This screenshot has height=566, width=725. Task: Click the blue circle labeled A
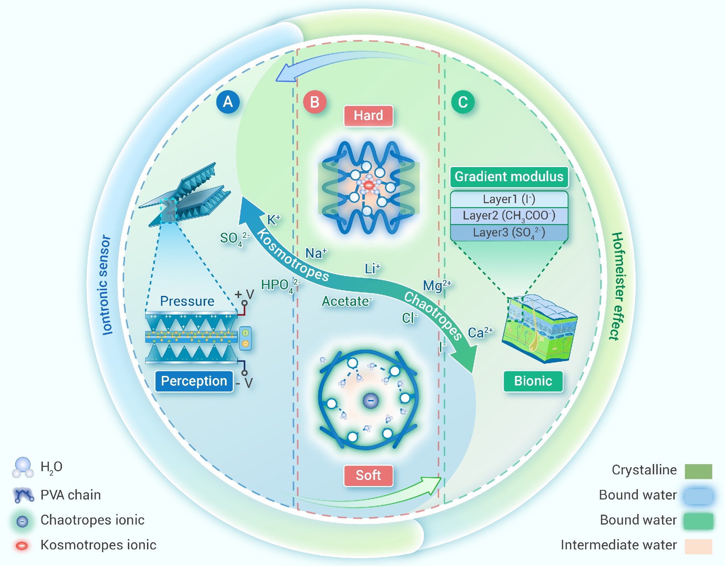(228, 102)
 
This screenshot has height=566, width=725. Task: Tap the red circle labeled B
(315, 102)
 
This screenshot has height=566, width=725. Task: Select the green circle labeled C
(463, 102)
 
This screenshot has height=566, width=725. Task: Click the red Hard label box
(368, 116)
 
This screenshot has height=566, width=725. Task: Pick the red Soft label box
(368, 475)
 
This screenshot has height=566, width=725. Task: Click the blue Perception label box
(194, 381)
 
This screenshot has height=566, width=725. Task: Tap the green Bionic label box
(533, 381)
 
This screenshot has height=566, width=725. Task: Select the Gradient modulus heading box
(509, 177)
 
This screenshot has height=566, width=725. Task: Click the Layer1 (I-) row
(509, 199)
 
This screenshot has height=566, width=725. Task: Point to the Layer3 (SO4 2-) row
(509, 233)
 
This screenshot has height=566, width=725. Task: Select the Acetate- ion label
(346, 301)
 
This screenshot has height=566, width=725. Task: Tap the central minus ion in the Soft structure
(370, 401)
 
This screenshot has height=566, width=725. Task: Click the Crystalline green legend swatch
(698, 471)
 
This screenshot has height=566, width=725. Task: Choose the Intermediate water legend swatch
(698, 546)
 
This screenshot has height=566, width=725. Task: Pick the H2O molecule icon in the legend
(23, 467)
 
